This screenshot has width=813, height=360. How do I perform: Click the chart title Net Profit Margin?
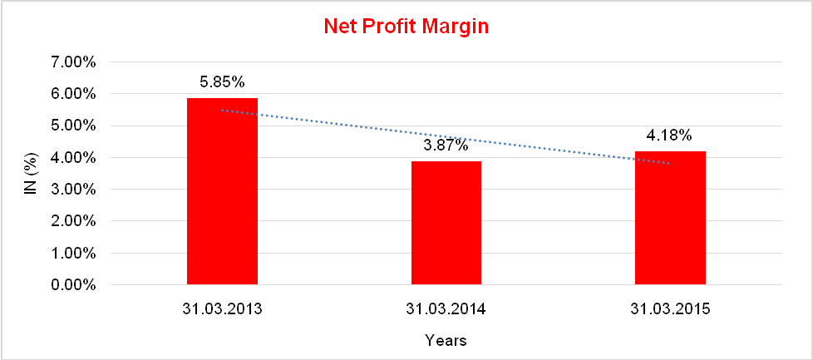pyautogui.click(x=406, y=27)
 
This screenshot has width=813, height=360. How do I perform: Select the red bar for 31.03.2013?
pyautogui.click(x=222, y=191)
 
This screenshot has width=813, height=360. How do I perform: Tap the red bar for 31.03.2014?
pyautogui.click(x=446, y=223)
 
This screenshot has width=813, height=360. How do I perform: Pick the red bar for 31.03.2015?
pyautogui.click(x=670, y=218)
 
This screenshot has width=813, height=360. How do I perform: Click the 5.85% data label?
pyautogui.click(x=222, y=82)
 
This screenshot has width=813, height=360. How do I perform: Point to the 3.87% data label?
pyautogui.click(x=446, y=145)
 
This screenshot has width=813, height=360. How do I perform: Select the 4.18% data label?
pyautogui.click(x=670, y=136)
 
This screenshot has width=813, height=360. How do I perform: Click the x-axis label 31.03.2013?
pyautogui.click(x=222, y=309)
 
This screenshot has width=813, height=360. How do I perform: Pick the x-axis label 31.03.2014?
pyautogui.click(x=446, y=309)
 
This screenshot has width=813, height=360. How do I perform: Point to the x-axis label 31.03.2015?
pyautogui.click(x=670, y=309)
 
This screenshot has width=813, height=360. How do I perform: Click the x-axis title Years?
pyautogui.click(x=446, y=340)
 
